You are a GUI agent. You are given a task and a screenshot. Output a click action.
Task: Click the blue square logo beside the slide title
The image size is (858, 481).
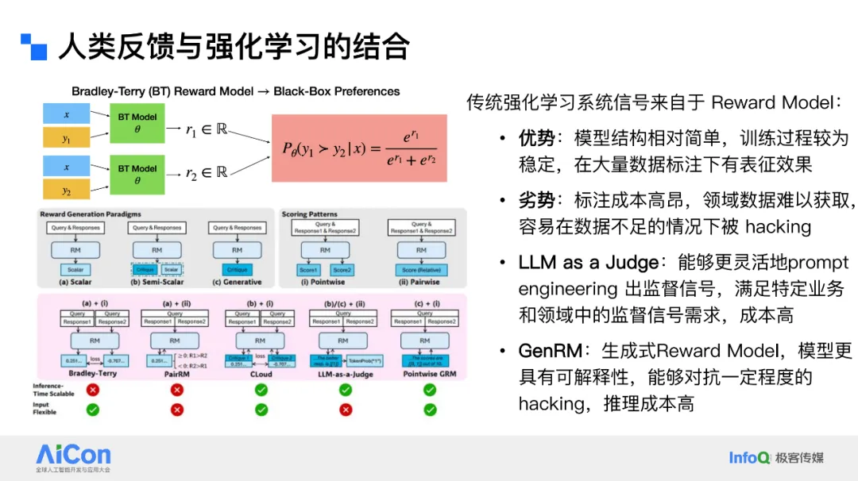click(x=34, y=47)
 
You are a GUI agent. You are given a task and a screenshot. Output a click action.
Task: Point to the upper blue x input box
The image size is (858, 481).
click(x=67, y=114)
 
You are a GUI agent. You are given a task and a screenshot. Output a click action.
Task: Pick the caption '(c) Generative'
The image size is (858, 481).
click(x=237, y=283)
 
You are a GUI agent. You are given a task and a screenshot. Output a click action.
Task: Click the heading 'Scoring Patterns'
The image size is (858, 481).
click(x=311, y=214)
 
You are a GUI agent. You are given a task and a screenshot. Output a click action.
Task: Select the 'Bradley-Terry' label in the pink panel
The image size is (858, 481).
click(x=92, y=373)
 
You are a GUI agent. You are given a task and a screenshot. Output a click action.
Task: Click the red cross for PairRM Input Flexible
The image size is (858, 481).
click(x=176, y=410)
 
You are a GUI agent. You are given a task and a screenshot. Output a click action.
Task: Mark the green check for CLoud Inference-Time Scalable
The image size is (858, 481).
click(x=261, y=391)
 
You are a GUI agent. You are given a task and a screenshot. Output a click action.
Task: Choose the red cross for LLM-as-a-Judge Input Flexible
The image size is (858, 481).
click(x=345, y=410)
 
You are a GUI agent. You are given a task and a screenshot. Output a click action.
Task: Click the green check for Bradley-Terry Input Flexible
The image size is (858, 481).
click(x=92, y=410)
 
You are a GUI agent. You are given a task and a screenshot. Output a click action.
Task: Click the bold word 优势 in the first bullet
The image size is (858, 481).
click(x=536, y=139)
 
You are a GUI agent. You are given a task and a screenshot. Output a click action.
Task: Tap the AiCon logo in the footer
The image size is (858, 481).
click(x=73, y=455)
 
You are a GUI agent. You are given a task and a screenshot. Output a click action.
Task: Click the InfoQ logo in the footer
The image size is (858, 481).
click(x=749, y=457)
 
